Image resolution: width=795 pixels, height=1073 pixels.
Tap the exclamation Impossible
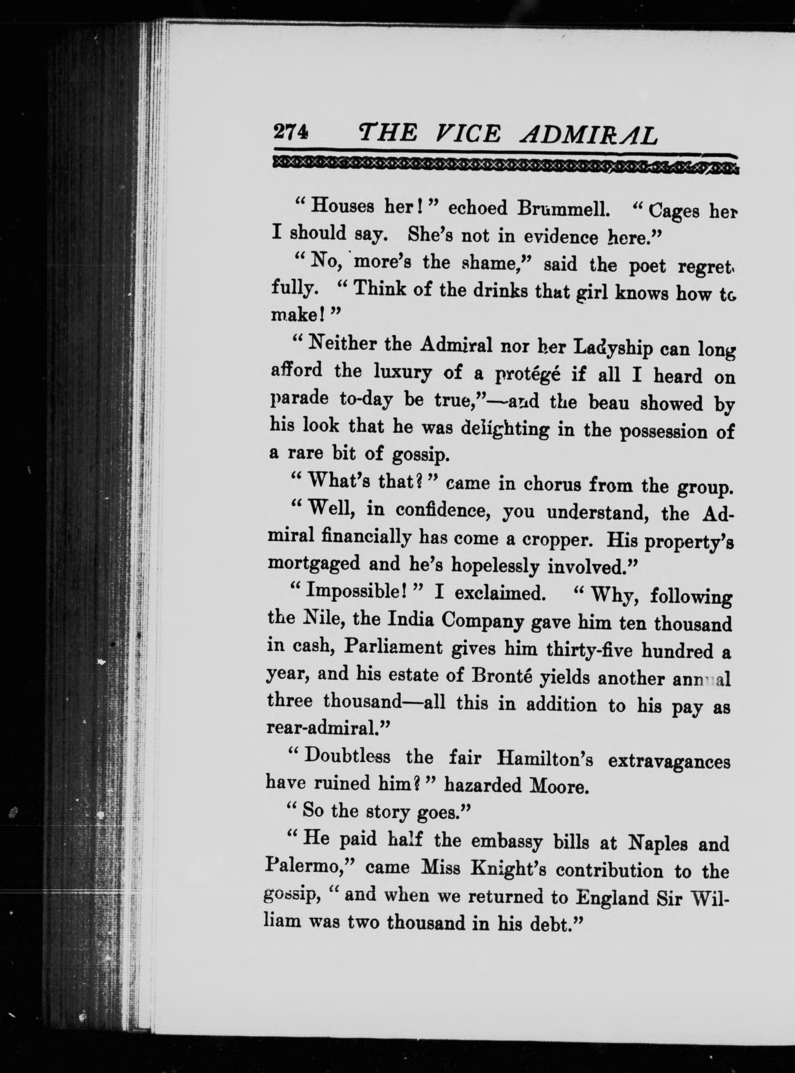click(x=358, y=591)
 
